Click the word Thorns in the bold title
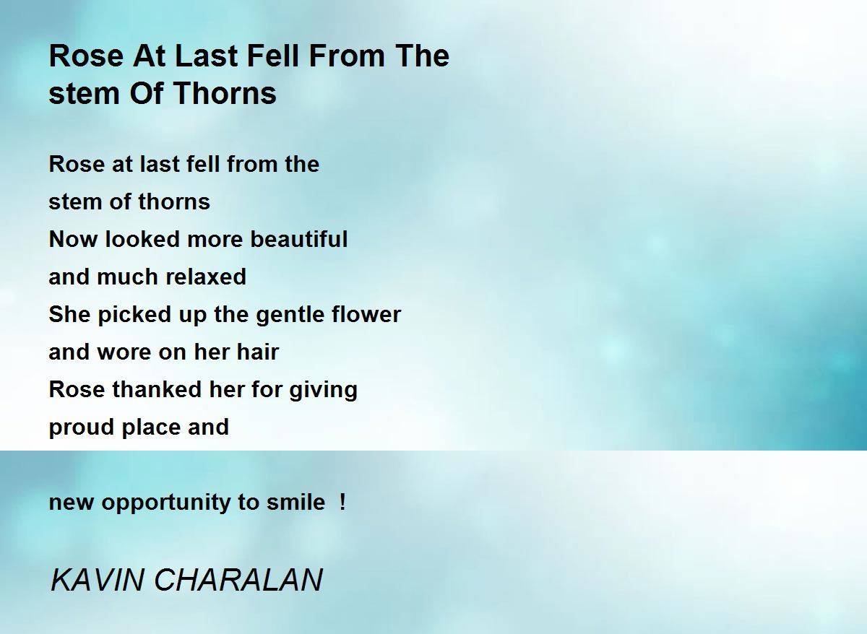(x=225, y=93)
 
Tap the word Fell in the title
(x=273, y=56)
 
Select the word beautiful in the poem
(x=299, y=239)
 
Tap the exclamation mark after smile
(x=342, y=502)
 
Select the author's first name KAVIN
(x=97, y=580)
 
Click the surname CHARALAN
(x=238, y=580)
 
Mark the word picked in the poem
(x=134, y=315)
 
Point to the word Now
(x=73, y=239)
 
